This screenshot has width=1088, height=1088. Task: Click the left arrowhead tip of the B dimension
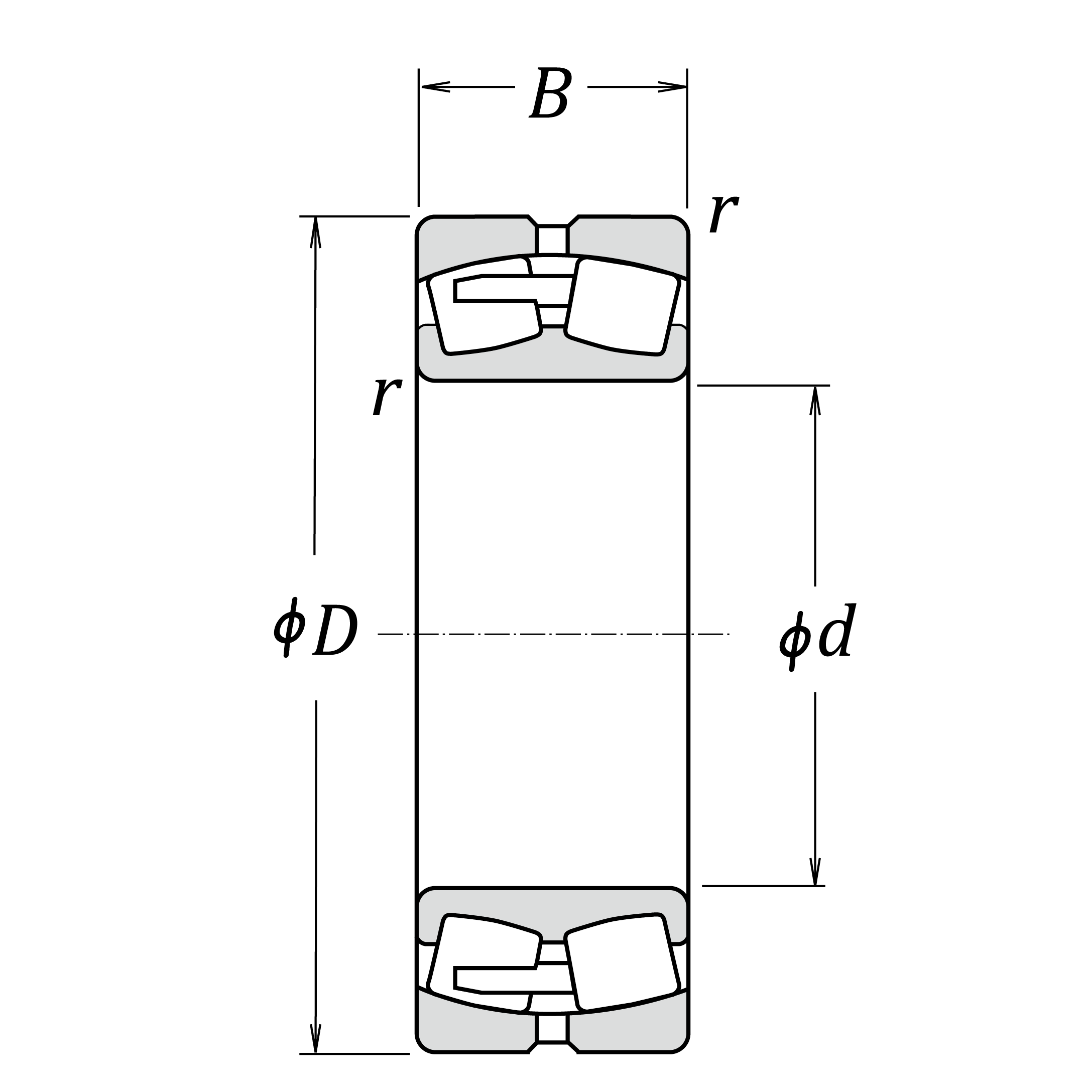[x=421, y=87]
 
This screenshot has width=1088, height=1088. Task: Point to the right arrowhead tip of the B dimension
[x=686, y=87]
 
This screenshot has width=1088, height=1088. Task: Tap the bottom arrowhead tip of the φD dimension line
[x=315, y=1052]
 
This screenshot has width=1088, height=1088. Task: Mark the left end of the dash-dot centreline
[x=378, y=635]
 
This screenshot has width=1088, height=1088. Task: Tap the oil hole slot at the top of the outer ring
[x=552, y=240]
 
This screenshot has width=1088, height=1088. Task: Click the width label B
[x=551, y=92]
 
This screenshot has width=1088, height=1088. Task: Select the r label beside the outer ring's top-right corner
[x=723, y=214]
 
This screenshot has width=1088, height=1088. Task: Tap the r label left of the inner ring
[x=387, y=397]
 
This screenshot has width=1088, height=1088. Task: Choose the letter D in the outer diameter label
[x=335, y=630]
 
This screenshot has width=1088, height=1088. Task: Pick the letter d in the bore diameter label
[x=837, y=630]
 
